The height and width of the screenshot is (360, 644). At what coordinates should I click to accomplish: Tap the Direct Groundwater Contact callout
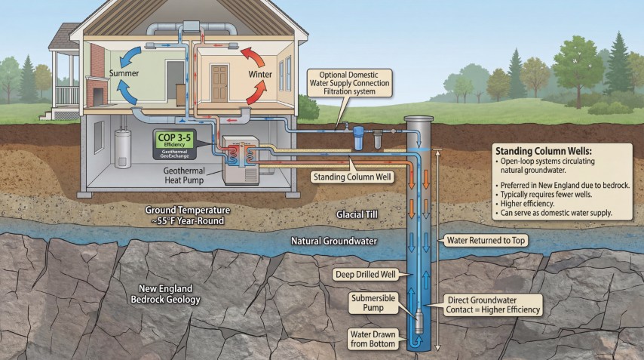point(494,304)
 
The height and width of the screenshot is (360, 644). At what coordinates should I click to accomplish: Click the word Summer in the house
point(124,73)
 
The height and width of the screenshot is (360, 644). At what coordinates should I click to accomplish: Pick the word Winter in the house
point(260,75)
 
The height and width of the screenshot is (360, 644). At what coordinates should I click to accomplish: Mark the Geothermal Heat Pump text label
point(193,175)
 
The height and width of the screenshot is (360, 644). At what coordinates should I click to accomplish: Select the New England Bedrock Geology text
point(166,294)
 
